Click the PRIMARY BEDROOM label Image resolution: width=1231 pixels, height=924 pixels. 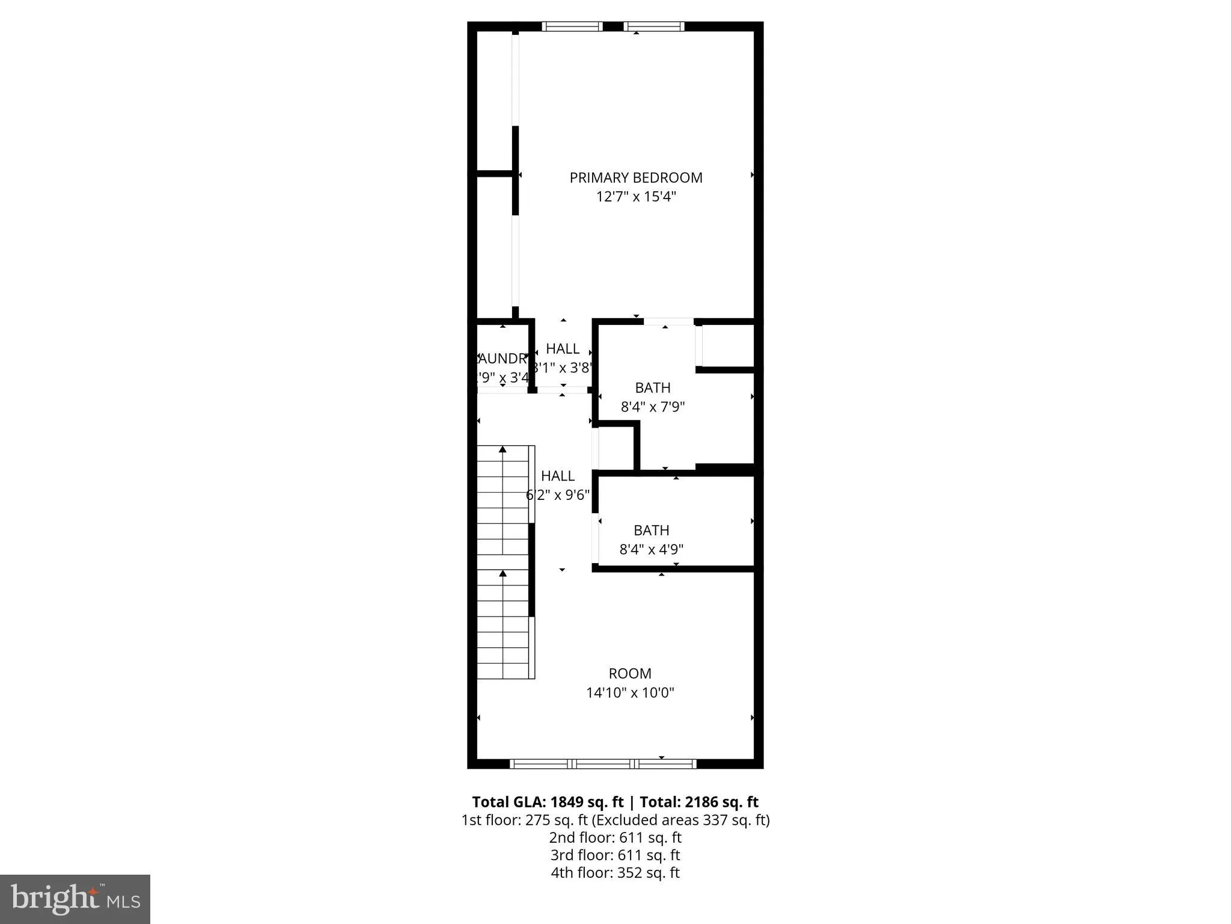pos(636,177)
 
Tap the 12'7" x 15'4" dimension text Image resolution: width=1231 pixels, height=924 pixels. pos(636,197)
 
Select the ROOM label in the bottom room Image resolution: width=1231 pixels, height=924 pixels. pos(630,673)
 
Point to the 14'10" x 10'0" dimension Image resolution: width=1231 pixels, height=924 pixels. pos(630,692)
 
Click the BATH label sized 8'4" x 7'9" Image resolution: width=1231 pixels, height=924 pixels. pos(653,388)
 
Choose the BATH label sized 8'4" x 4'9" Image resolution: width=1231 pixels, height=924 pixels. pos(652,530)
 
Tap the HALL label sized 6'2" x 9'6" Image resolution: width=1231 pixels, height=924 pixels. pos(558,476)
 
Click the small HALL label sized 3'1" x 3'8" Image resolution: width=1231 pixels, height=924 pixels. pos(563,348)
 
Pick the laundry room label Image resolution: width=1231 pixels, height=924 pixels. pos(501,359)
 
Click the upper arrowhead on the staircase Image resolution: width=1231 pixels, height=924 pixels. pos(502,449)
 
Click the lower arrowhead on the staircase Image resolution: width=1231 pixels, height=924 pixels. pos(502,573)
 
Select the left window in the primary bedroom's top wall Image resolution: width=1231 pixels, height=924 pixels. pos(572,26)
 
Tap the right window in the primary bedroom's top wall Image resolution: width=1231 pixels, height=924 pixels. pos(654,26)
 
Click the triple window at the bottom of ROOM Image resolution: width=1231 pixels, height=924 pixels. pos(603,764)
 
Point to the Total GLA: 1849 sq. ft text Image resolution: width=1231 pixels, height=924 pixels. pos(548,802)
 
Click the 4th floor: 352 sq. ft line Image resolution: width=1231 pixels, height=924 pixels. pos(615,872)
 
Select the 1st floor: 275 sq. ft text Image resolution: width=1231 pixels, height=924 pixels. pos(524,820)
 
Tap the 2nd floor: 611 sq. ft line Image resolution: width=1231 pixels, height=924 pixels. pos(615,837)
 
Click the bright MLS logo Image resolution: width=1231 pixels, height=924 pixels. pos(75,899)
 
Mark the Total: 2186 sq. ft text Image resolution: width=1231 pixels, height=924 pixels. pos(698,802)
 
